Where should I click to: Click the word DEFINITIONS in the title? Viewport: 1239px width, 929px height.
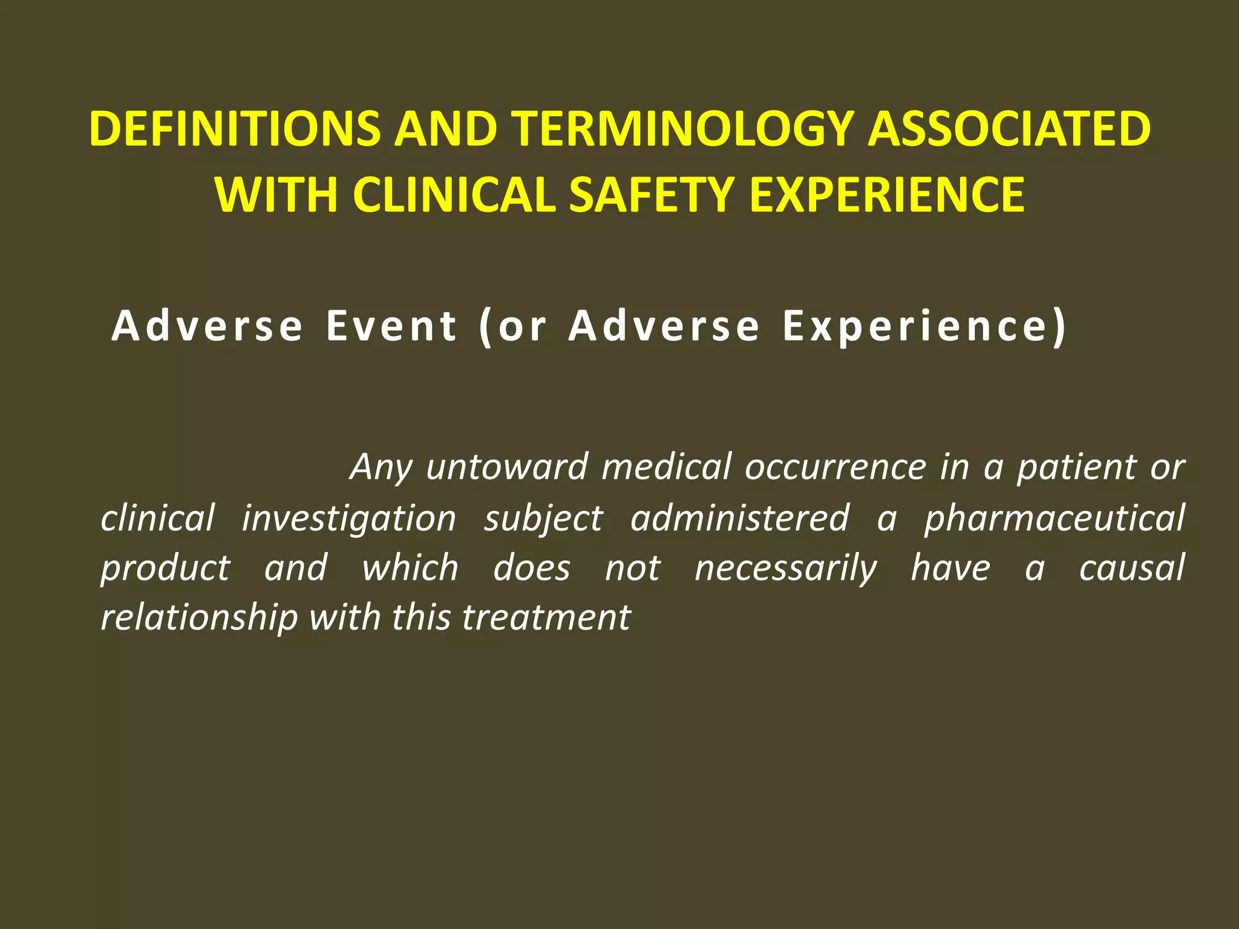(235, 129)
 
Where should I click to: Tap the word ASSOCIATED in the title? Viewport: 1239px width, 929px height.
(1009, 129)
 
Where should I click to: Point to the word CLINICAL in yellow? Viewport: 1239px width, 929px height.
(454, 195)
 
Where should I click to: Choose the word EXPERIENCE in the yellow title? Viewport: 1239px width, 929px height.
(887, 195)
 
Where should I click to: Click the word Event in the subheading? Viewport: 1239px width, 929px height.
(391, 326)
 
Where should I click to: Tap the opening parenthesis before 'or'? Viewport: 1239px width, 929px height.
(485, 327)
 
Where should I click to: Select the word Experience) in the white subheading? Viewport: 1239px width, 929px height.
(924, 327)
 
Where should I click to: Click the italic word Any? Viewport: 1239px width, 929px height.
(381, 468)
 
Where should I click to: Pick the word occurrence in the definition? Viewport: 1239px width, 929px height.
(835, 468)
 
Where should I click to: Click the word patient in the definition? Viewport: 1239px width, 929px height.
(1076, 468)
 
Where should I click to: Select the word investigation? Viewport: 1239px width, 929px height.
(349, 519)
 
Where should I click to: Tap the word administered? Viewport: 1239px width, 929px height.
(740, 519)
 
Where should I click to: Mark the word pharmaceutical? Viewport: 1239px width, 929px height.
(1054, 519)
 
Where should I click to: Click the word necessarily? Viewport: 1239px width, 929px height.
(785, 569)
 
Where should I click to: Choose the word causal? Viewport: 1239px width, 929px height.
(1132, 569)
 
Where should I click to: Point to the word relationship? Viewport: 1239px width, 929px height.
(199, 618)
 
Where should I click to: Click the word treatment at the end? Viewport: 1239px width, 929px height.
(546, 618)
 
